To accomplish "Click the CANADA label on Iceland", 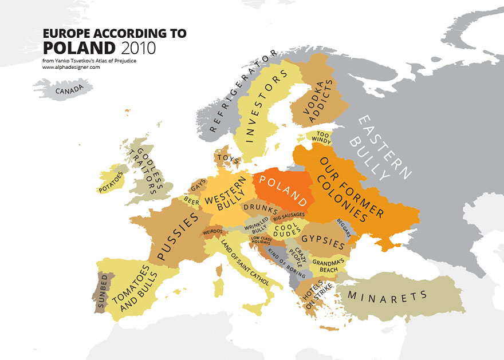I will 66,89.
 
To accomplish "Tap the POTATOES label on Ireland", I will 111,181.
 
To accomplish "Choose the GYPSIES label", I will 322,239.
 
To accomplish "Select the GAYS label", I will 198,185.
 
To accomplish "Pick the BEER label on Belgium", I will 192,201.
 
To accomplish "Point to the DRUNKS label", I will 259,207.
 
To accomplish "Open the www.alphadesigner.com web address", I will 71,67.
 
